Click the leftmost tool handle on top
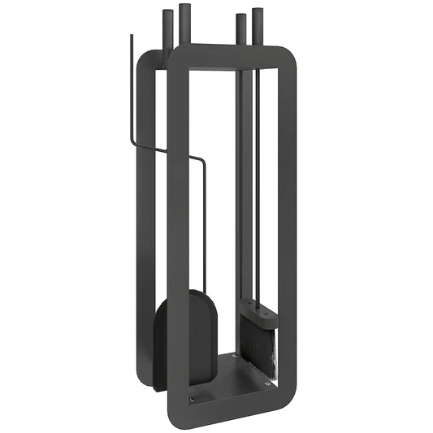pos(168,29)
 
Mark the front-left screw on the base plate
pos(192,398)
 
